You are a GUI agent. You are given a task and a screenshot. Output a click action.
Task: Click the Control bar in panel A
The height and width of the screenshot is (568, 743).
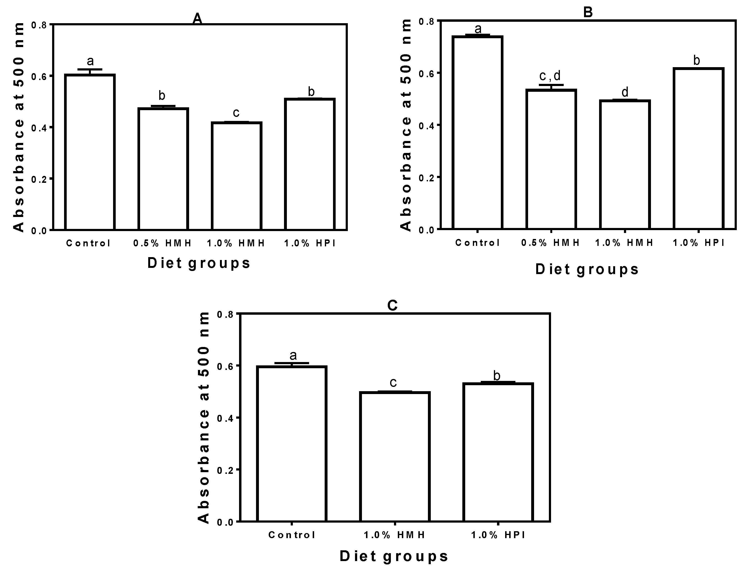click(x=90, y=152)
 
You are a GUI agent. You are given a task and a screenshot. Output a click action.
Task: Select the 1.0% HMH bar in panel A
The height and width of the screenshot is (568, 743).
click(x=236, y=176)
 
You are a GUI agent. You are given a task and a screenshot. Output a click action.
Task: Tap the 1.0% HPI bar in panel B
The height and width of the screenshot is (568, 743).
click(x=698, y=149)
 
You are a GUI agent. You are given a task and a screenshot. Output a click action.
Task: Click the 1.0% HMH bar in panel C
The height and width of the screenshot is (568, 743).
click(x=395, y=456)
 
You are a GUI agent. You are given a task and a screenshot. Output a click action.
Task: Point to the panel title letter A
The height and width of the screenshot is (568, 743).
click(x=197, y=19)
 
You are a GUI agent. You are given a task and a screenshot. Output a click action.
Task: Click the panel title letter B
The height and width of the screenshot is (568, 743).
click(x=588, y=12)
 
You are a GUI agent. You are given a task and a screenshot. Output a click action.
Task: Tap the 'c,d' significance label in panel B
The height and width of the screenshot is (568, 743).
click(x=550, y=76)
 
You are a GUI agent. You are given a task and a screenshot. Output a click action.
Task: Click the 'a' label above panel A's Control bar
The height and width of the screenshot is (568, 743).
click(x=90, y=61)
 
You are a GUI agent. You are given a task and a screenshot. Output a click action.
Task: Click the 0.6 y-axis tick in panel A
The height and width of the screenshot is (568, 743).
click(x=40, y=76)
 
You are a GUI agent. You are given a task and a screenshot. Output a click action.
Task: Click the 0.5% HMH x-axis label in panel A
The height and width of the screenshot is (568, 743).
click(x=162, y=243)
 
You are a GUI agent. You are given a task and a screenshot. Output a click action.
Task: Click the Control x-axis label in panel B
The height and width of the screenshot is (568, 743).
click(x=477, y=242)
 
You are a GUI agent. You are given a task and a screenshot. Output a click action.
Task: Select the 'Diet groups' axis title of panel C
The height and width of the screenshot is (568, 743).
click(x=394, y=556)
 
